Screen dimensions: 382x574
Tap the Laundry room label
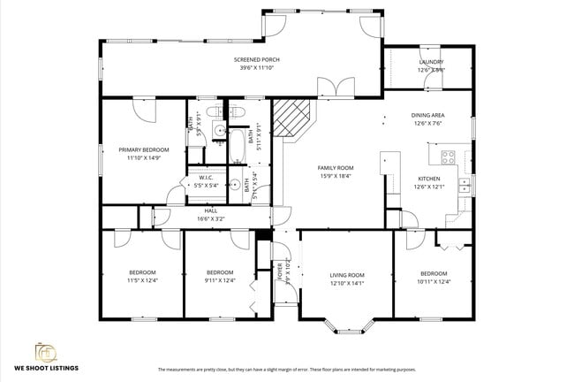coord(432,62)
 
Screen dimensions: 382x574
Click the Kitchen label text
coord(428,179)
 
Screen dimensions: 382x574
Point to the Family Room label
coord(336,168)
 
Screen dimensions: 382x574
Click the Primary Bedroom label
coord(143,150)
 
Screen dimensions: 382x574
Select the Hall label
coord(211,210)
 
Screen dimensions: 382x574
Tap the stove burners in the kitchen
coord(447,159)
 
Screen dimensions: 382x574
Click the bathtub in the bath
coord(238,146)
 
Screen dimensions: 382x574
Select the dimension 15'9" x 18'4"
coord(336,176)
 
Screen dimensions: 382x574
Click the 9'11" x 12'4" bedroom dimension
coord(219,280)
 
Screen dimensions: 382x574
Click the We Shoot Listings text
coord(46,369)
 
